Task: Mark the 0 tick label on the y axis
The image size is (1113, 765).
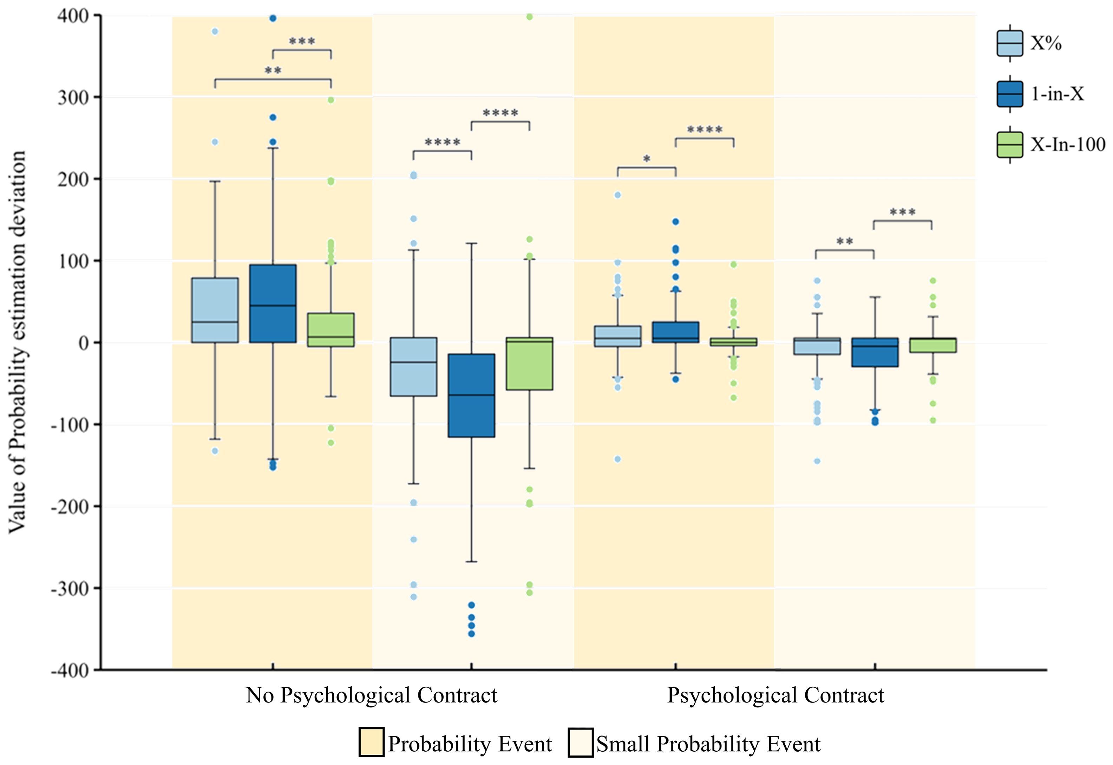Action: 84,343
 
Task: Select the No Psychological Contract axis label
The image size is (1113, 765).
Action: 372,695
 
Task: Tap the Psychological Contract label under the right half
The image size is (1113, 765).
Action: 775,695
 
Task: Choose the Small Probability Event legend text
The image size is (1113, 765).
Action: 708,744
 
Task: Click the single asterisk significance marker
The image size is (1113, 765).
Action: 647,159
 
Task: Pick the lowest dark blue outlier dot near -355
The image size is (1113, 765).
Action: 471,634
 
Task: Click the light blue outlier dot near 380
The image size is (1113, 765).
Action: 215,32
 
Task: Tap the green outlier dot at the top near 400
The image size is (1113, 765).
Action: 530,17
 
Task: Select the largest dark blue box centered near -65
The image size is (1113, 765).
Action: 471,395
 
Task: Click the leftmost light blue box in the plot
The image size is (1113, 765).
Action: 215,310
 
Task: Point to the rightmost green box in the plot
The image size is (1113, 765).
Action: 933,345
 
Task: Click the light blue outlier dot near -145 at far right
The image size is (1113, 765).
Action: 817,461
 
